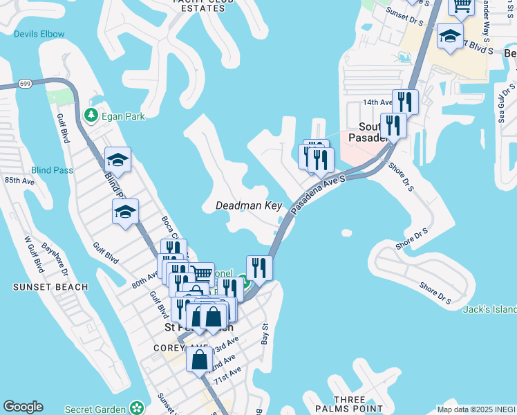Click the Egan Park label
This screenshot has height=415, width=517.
124,116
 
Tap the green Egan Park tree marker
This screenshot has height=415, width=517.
91,115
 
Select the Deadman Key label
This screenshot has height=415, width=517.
249,206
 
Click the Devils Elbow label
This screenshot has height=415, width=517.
39,34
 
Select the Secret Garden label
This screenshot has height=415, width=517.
96,409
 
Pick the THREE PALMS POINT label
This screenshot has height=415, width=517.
349,405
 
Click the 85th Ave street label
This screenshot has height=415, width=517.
20,181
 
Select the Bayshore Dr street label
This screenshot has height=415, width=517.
55,256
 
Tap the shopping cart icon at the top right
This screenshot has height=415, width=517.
462,6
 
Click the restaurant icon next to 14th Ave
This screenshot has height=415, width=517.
405,102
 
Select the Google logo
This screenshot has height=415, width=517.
23,407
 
